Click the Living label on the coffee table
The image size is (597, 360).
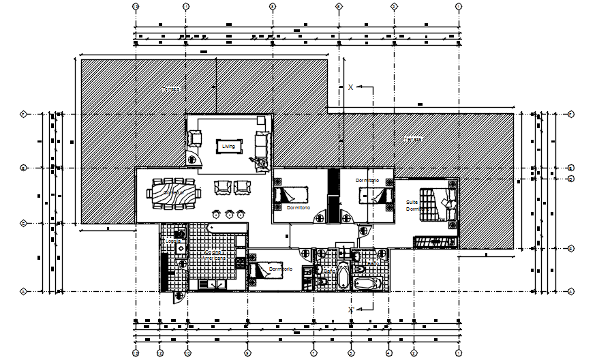point(228,145)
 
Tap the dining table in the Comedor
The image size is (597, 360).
point(175,193)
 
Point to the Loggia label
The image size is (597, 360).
point(172,241)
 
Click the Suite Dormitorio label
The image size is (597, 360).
point(414,205)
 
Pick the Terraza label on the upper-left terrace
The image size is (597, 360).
point(171,89)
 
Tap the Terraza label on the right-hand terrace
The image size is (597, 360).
point(413,139)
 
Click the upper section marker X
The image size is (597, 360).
point(350,87)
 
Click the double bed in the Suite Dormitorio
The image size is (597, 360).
point(437,205)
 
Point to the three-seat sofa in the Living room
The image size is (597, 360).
point(261,144)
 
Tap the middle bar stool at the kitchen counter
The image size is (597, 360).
point(230,213)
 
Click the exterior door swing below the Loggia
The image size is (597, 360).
point(179,296)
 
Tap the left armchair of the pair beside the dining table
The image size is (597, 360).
point(222,186)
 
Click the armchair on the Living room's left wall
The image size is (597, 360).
point(196,138)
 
